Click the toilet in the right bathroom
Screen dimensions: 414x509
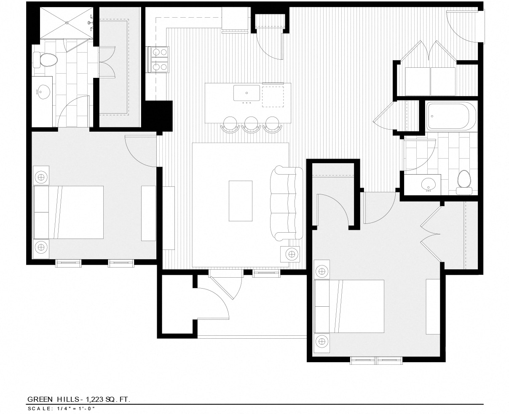click(x=464, y=181)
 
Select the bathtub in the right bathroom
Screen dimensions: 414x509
click(x=450, y=116)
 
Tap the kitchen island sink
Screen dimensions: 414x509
click(x=247, y=92)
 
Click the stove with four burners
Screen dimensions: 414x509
click(x=159, y=59)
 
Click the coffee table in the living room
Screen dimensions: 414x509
click(x=241, y=201)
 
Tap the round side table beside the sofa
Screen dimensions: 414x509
click(x=292, y=254)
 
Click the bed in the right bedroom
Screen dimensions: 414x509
click(x=350, y=306)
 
